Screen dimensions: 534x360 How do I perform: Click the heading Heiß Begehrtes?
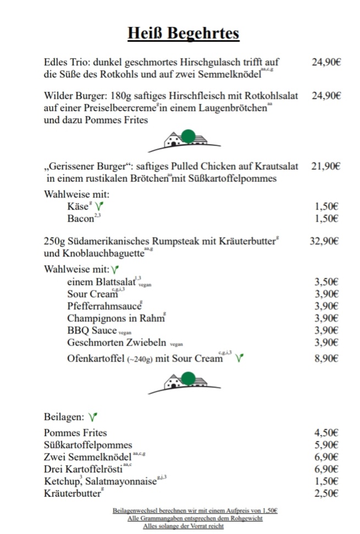183,34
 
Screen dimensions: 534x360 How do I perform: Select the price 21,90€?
326,167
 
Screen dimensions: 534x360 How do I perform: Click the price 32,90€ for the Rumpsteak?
326,240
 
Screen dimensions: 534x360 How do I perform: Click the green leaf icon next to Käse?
99,206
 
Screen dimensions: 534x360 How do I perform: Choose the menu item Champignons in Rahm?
115,318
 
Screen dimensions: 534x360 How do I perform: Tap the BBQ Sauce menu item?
92,331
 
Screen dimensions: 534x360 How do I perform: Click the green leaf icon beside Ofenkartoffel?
239,359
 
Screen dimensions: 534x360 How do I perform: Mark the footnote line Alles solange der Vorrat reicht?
183,526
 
